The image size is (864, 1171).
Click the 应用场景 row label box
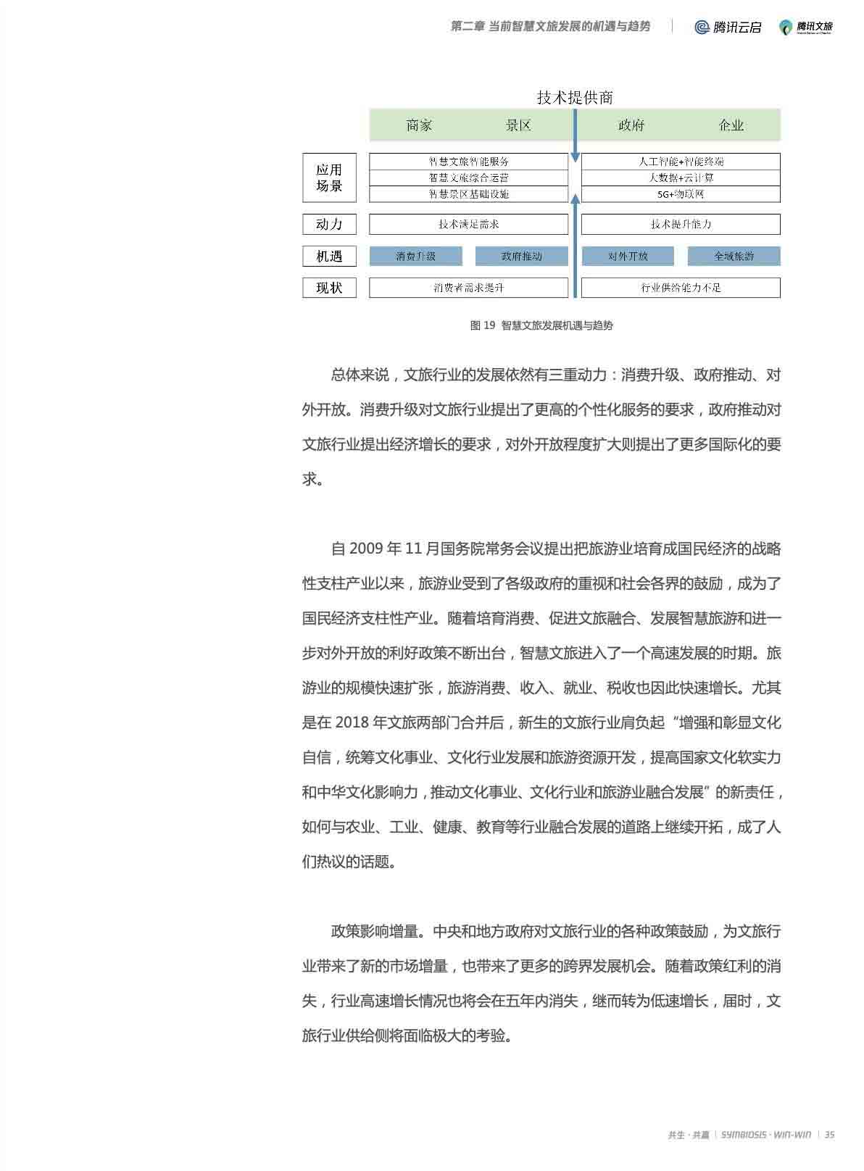tap(329, 178)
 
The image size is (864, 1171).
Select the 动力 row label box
tap(329, 224)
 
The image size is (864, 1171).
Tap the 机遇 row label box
tap(329, 256)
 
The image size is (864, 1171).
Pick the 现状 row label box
tap(329, 288)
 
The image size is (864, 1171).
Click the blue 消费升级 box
tap(415, 256)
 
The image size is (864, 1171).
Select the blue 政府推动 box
tap(521, 256)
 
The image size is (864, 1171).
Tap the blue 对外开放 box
tap(628, 256)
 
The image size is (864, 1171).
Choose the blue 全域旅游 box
tap(734, 256)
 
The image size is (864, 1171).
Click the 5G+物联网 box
tap(681, 194)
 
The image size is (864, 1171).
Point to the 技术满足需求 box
tap(468, 224)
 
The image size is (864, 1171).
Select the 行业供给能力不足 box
tap(681, 288)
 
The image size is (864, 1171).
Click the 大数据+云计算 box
tap(681, 178)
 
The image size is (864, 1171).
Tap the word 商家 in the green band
tap(419, 125)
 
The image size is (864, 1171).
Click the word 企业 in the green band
tap(731, 125)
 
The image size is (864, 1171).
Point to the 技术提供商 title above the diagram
tap(575, 97)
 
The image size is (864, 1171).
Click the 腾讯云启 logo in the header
tap(728, 27)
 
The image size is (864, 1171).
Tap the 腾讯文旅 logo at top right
tap(806, 27)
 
